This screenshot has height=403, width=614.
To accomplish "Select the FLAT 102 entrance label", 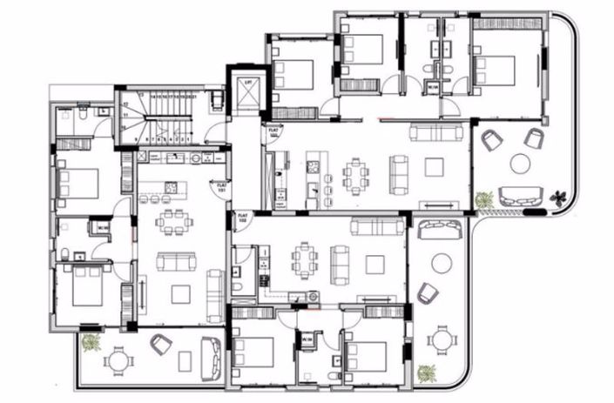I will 243,218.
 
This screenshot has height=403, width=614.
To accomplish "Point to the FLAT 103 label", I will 274,133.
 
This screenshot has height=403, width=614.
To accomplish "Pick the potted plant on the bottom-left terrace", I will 90,343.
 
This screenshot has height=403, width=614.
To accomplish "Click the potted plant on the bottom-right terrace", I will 426,373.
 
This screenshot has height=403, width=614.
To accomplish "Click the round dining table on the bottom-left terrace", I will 118,359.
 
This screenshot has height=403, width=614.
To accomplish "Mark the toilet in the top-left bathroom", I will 79,114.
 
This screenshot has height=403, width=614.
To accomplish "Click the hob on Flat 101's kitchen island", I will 171,187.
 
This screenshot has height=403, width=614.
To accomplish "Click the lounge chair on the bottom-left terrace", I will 160,345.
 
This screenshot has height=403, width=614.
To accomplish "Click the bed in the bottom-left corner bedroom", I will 85,286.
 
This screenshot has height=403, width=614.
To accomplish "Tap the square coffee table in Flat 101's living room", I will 180,294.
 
